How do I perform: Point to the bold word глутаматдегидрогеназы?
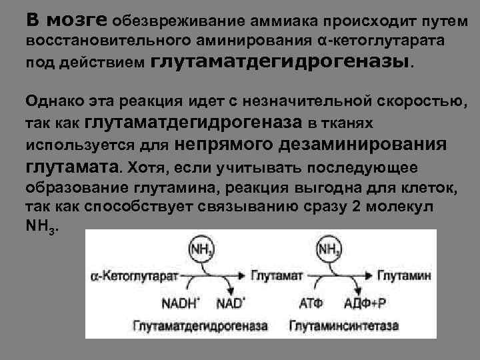[283, 62]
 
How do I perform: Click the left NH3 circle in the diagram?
[201, 250]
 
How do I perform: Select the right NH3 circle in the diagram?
[329, 250]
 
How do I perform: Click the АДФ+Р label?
[365, 303]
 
